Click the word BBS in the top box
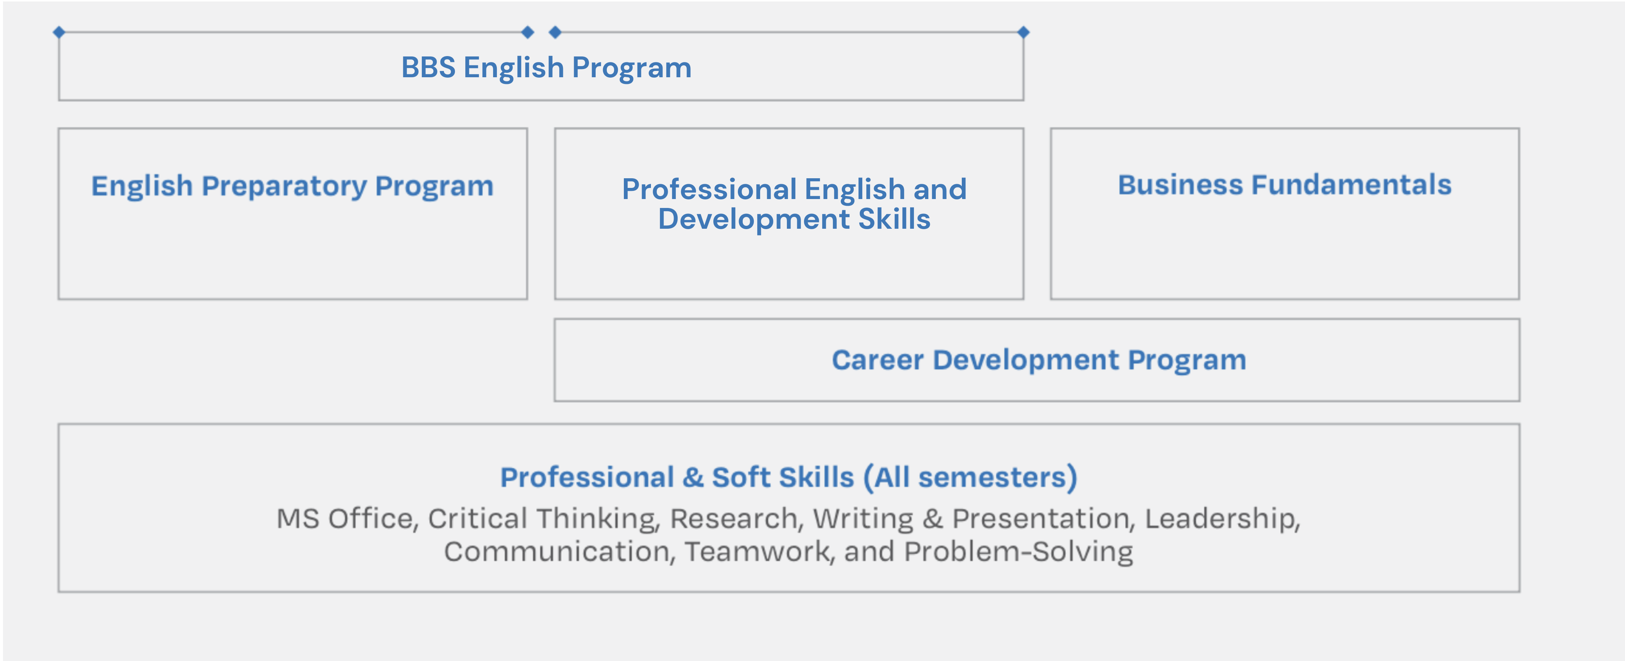[428, 68]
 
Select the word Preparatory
[284, 187]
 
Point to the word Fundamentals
[1351, 185]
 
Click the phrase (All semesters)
[971, 478]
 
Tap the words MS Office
[345, 519]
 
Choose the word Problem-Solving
[1018, 552]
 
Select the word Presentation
[1043, 519]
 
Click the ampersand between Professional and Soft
[693, 478]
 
